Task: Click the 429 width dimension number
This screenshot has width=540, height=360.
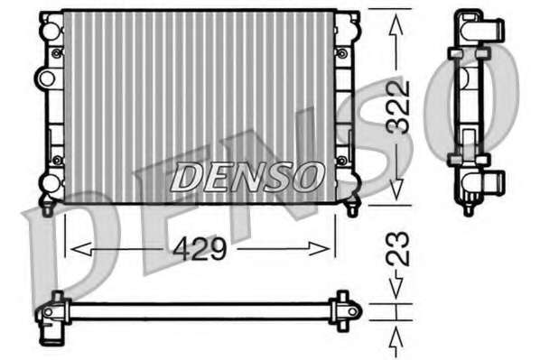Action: click(x=200, y=249)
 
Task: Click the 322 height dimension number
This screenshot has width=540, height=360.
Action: click(x=397, y=106)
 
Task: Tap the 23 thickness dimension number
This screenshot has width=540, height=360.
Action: click(x=397, y=249)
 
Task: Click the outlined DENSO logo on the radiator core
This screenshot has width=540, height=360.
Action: click(x=247, y=177)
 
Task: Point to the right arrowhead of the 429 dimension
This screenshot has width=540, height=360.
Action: click(x=320, y=249)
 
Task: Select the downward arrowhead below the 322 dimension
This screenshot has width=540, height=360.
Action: click(x=396, y=189)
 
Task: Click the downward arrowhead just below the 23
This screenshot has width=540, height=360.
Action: click(x=396, y=284)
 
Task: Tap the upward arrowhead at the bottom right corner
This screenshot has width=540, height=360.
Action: click(x=396, y=339)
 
